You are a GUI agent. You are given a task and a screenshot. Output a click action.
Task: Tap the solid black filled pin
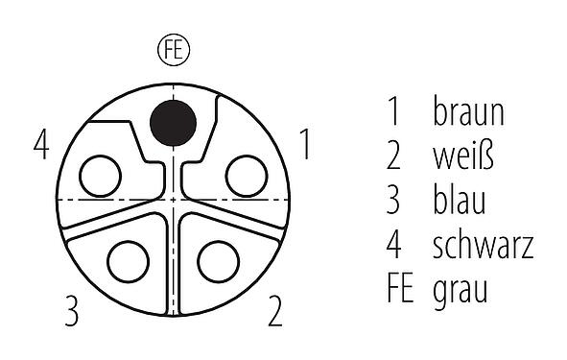tap(173, 122)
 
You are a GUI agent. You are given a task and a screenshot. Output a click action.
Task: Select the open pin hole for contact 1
tap(246, 176)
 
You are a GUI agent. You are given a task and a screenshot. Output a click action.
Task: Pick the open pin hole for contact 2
tap(218, 260)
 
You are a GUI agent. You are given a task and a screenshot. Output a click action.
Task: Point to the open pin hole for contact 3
tap(128, 260)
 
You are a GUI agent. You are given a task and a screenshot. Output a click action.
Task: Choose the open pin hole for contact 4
tap(100, 176)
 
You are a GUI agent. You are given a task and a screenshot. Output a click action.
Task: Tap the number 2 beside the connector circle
tap(274, 311)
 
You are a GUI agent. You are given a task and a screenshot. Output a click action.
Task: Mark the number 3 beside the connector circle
tap(71, 311)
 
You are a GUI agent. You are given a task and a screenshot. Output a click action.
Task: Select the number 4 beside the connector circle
tap(40, 147)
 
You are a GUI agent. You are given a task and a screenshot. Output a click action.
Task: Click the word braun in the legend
tap(468, 113)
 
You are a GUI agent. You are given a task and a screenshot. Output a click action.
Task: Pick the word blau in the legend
tap(459, 201)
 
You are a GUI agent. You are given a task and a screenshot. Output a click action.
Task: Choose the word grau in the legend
tap(461, 289)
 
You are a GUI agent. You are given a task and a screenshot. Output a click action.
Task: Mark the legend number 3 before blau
tap(394, 201)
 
